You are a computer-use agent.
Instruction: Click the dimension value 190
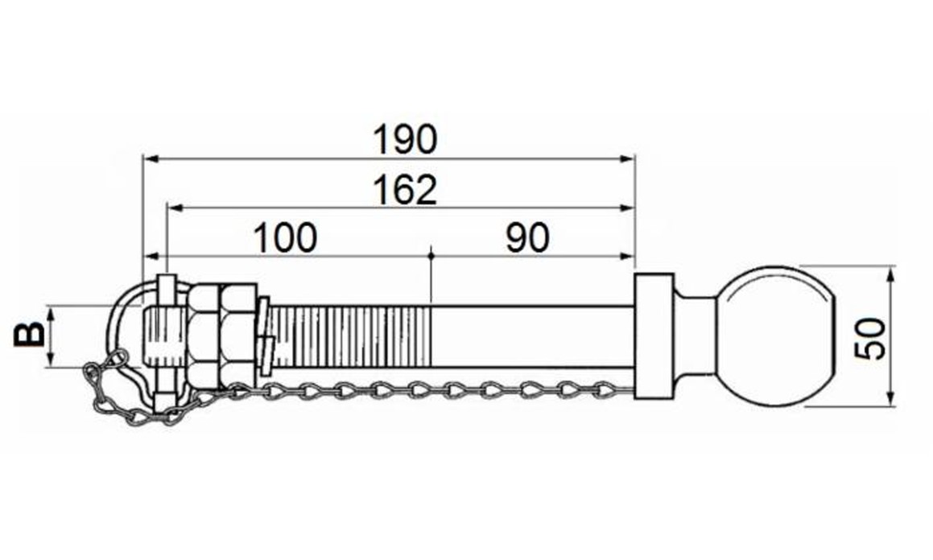[405, 139]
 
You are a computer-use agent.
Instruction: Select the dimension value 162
[405, 190]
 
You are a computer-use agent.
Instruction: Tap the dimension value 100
[285, 237]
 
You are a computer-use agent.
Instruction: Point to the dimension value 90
[528, 237]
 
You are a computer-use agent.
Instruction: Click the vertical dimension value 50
[870, 338]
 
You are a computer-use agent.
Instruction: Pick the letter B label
[30, 336]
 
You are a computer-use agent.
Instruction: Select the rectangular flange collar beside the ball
[654, 336]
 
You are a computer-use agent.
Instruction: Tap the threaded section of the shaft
[350, 336]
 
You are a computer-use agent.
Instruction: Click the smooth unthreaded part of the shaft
[532, 336]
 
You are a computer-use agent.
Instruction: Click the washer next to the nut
[265, 336]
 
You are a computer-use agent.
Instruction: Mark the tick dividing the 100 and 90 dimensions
[431, 256]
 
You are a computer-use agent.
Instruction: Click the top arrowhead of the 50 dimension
[890, 275]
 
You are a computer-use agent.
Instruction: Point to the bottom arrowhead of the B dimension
[51, 359]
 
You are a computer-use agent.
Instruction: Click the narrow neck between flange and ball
[694, 336]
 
